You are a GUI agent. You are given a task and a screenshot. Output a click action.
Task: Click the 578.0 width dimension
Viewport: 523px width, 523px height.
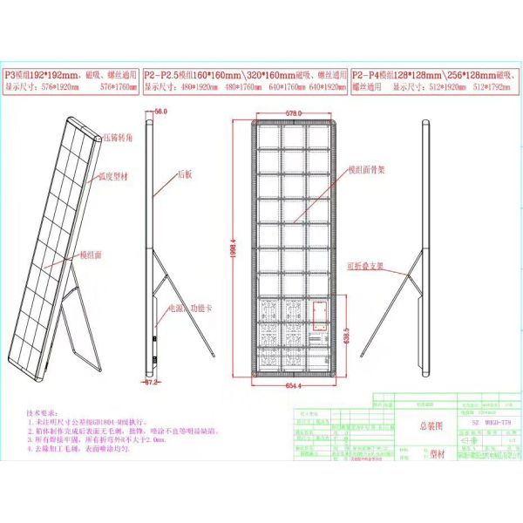point(293,113)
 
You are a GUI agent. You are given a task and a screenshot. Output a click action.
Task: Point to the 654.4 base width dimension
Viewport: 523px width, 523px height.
point(293,386)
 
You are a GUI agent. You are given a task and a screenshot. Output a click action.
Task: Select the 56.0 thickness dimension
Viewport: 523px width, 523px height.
point(160,112)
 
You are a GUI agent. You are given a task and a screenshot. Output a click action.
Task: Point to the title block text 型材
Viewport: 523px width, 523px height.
point(429,455)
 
